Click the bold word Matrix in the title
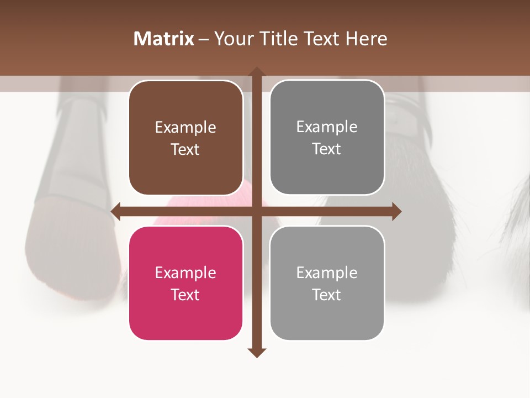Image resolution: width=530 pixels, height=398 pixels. [164, 39]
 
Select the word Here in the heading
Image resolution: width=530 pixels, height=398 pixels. [366, 39]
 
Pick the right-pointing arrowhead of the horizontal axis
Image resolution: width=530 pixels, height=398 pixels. [396, 211]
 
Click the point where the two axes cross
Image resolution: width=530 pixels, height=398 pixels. [256, 211]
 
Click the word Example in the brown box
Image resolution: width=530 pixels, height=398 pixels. [185, 128]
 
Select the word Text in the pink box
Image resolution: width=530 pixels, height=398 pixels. [185, 295]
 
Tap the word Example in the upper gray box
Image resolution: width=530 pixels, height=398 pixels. [327, 127]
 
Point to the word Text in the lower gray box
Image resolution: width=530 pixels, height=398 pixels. [327, 295]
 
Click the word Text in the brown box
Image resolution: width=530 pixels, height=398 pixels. [185, 149]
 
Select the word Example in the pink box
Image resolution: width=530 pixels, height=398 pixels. [185, 273]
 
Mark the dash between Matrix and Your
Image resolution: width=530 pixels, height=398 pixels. [204, 39]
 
